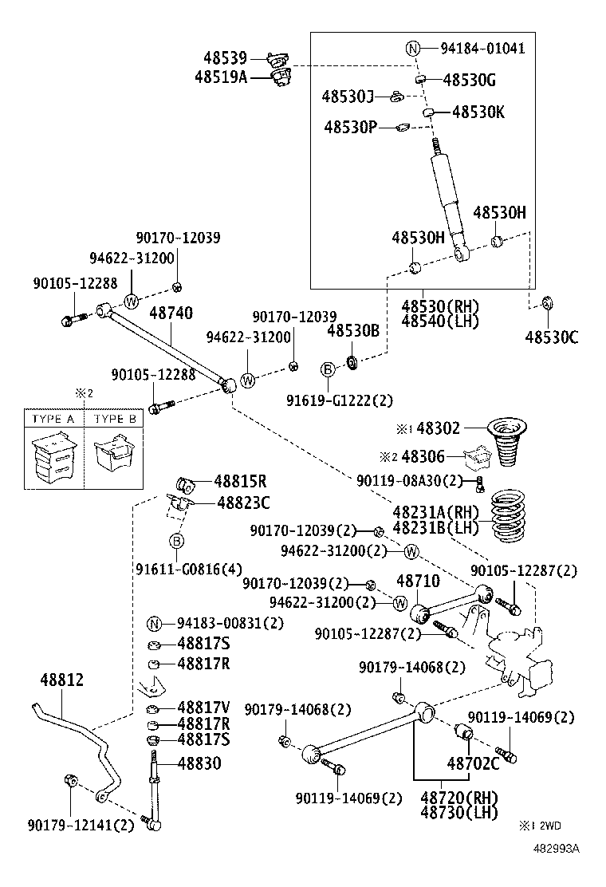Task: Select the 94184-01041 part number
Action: [x=482, y=48]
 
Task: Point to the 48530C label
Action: [x=552, y=337]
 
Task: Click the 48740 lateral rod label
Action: [x=170, y=313]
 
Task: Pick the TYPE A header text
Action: [x=53, y=419]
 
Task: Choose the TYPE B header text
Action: [x=115, y=419]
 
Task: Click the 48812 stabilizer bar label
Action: [x=62, y=680]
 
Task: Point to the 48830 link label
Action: [x=199, y=763]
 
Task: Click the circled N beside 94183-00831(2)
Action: [x=155, y=624]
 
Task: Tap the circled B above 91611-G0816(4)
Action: [x=177, y=542]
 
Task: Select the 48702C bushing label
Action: [x=474, y=763]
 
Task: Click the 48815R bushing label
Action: [x=240, y=481]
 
